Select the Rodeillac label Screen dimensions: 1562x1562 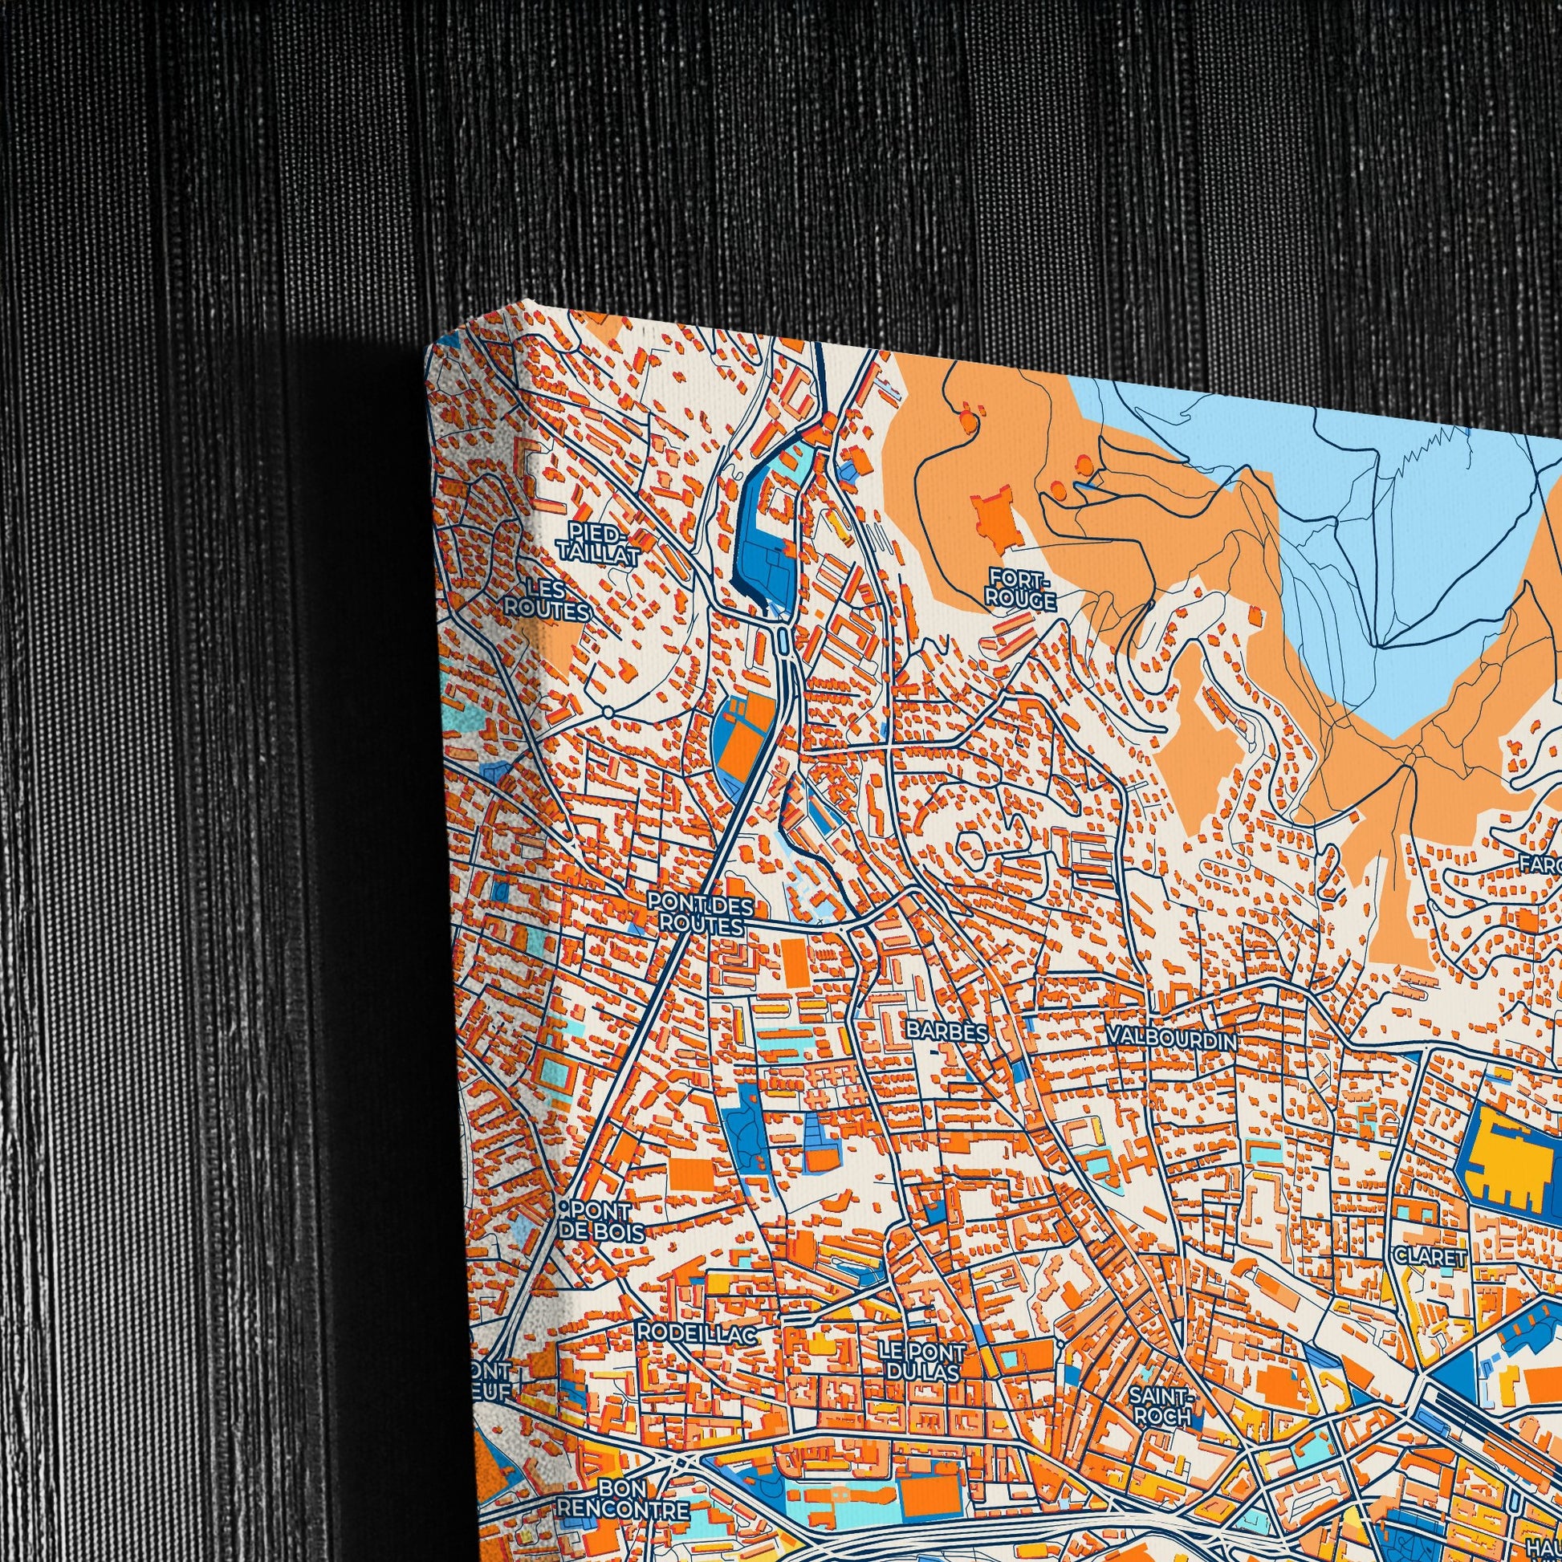[x=696, y=1333]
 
